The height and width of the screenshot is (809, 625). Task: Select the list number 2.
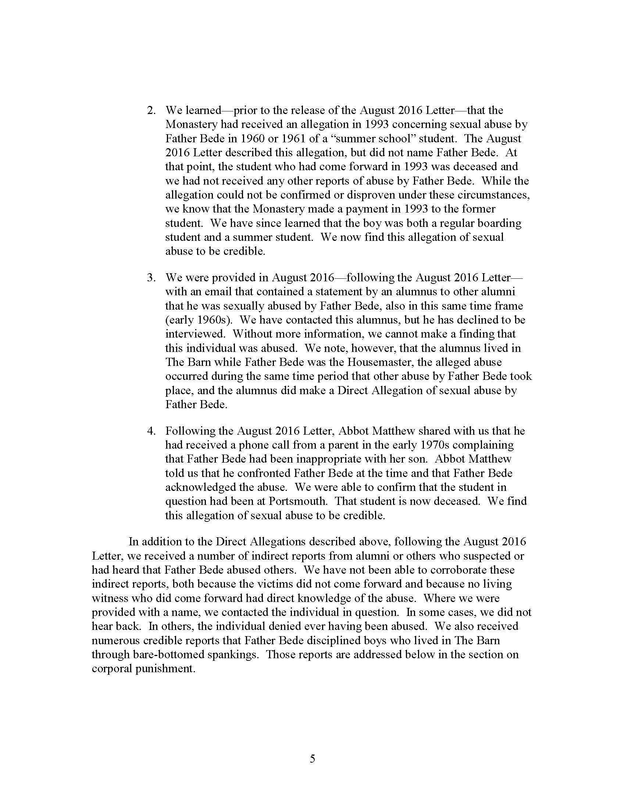[150, 110]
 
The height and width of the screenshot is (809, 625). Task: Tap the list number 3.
[150, 277]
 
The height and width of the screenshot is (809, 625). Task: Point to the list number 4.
[150, 431]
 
